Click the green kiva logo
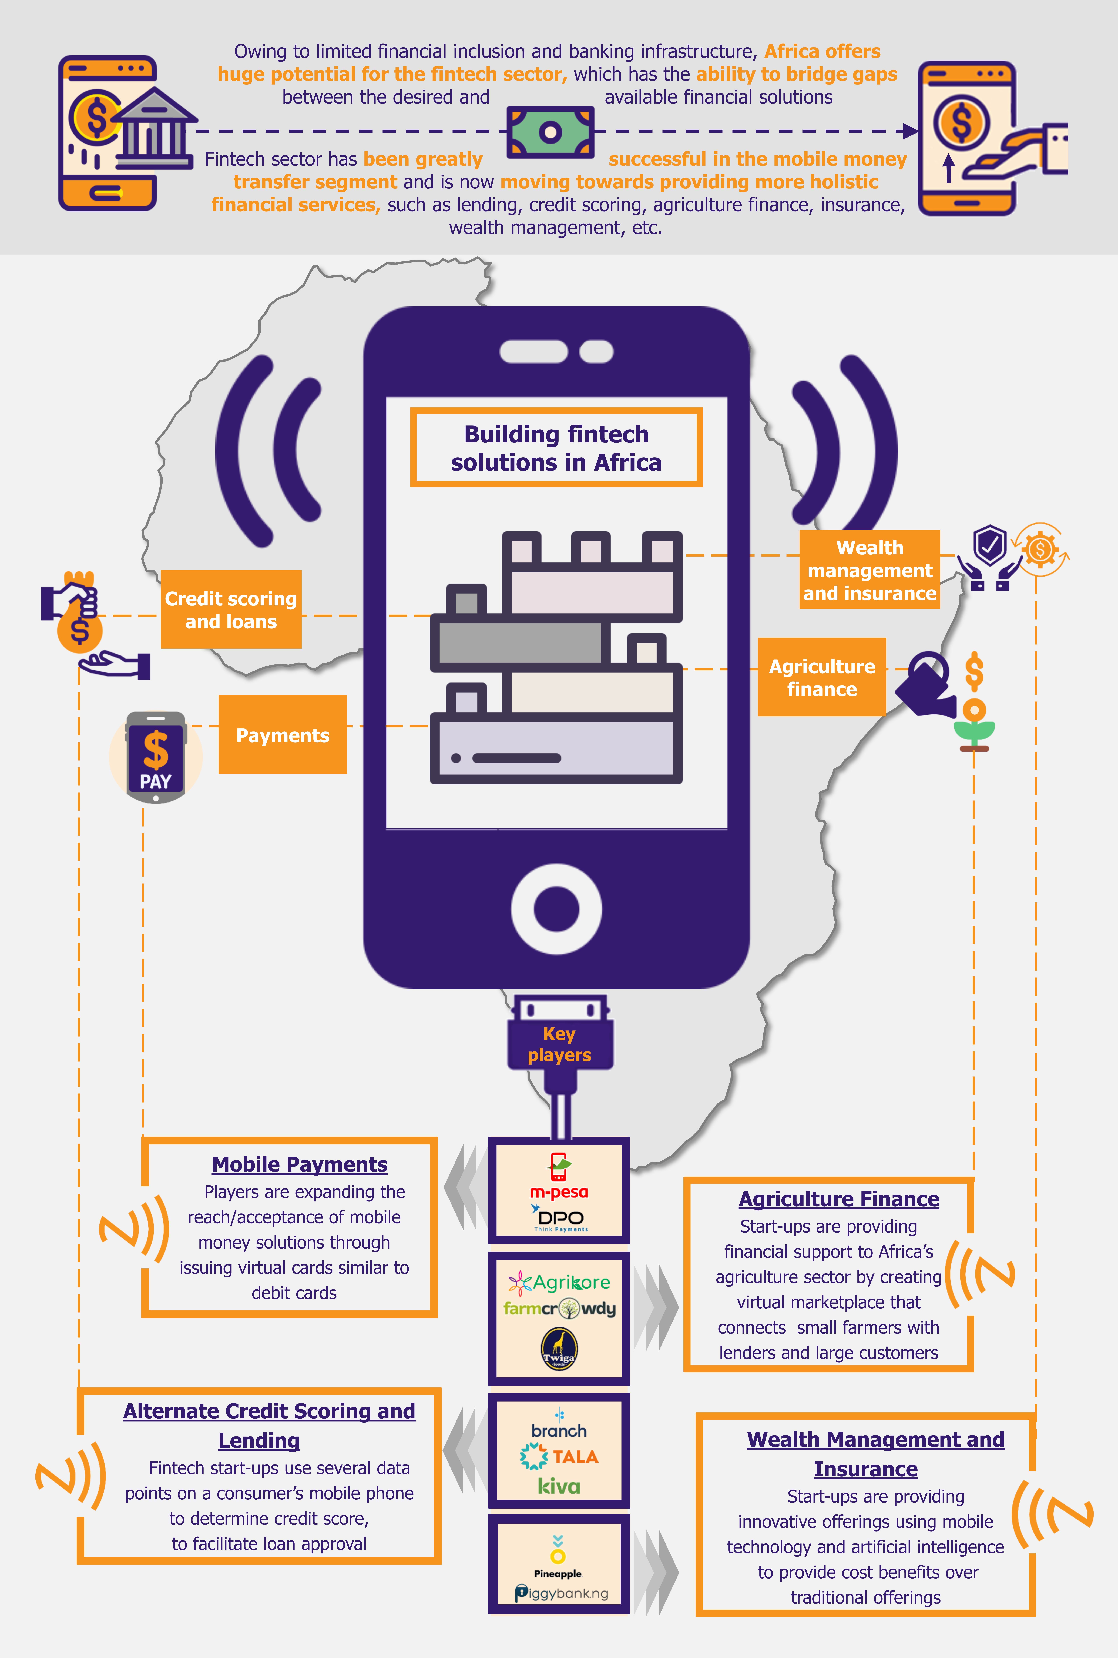559,1486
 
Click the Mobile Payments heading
300,1164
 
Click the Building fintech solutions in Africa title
556,448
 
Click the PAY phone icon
155,757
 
